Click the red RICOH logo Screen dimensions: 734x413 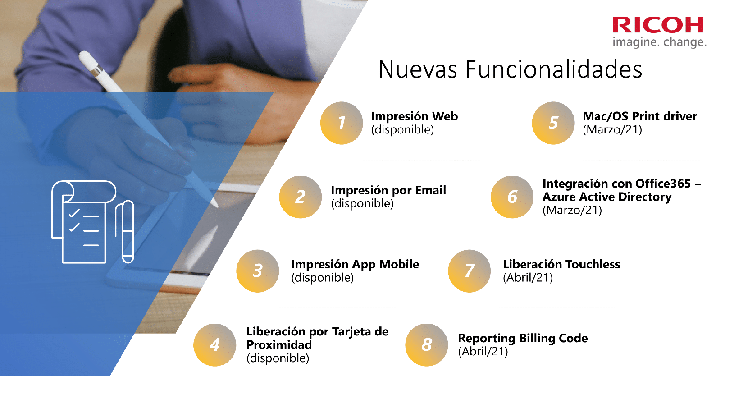point(658,25)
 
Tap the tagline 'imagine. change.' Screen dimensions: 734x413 point(659,42)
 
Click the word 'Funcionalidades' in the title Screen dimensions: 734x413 point(553,69)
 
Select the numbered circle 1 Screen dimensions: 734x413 point(342,123)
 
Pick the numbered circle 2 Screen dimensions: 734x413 point(300,197)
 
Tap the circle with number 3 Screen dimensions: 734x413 point(258,271)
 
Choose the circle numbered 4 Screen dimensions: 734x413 point(214,345)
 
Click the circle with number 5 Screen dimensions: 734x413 point(553,123)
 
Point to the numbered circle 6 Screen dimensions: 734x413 point(512,197)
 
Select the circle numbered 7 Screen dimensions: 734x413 point(469,271)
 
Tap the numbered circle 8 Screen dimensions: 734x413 point(426,345)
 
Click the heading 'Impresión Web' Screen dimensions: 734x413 point(414,116)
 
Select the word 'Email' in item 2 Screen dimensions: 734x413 point(430,190)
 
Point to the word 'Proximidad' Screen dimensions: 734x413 point(279,345)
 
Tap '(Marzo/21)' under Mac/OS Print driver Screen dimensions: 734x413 point(612,130)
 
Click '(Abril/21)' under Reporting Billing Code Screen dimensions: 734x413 point(483,351)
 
